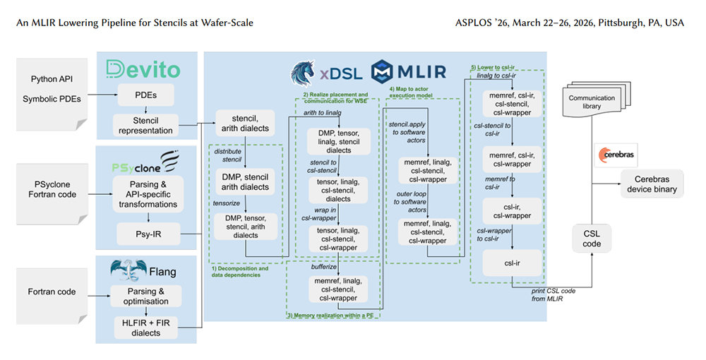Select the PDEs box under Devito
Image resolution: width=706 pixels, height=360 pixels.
[145, 95]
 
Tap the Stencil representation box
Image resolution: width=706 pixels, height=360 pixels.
[145, 126]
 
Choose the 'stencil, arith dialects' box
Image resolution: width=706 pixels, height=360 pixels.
[241, 122]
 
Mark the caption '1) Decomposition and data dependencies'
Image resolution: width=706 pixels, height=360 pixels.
[240, 271]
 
